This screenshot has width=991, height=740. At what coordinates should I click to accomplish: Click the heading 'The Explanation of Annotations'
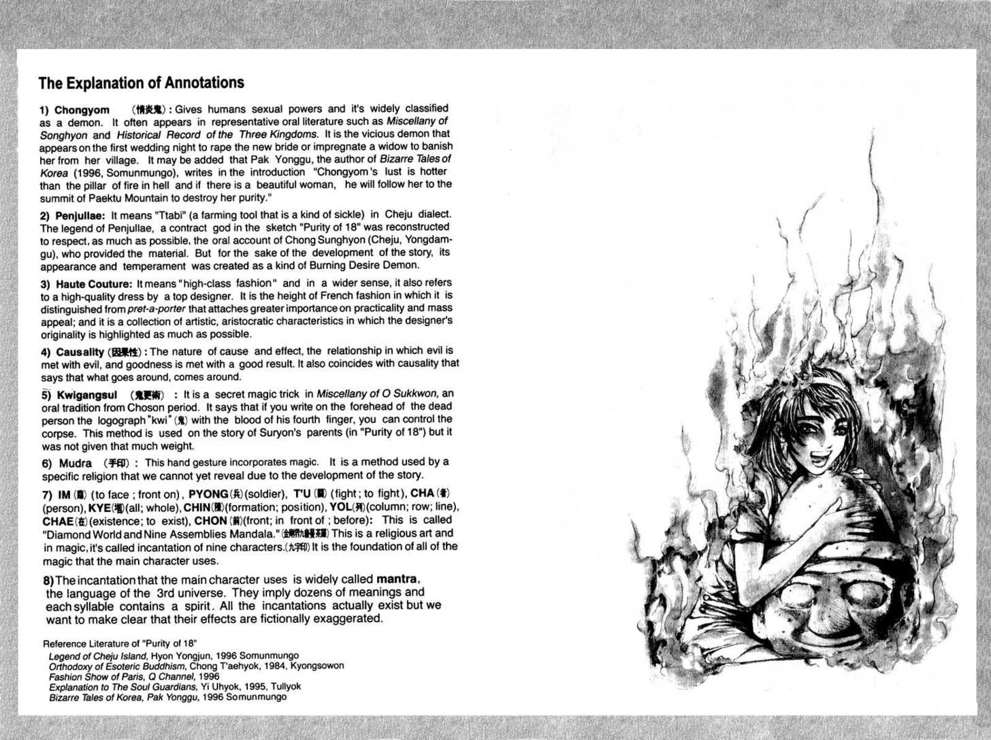141,83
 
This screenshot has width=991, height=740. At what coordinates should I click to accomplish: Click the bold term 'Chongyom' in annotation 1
82,110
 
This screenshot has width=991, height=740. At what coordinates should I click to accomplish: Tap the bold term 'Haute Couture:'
94,284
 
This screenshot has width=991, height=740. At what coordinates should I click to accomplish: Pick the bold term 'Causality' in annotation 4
80,352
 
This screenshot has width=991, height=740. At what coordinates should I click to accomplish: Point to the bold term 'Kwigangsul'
86,395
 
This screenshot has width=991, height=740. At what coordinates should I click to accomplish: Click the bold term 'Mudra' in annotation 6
75,464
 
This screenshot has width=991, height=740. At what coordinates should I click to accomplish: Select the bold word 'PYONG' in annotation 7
208,494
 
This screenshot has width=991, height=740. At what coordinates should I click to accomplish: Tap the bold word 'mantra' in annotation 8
396,579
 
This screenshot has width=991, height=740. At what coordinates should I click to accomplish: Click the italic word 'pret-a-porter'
156,309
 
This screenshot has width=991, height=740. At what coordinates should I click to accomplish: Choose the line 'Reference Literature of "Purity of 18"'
120,643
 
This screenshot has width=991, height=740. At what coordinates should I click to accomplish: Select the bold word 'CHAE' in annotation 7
58,521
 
